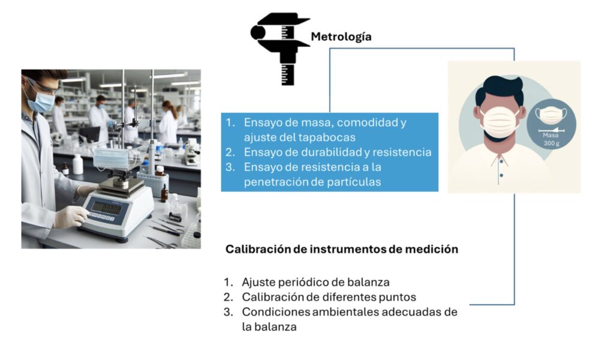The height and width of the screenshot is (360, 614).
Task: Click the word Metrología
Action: click(x=341, y=37)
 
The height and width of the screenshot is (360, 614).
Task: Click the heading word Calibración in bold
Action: click(x=258, y=249)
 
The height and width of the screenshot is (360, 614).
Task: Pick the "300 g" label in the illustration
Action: click(x=552, y=143)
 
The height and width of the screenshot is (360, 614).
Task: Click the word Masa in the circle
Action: click(x=550, y=135)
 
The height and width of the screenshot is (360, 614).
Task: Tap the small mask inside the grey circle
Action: click(x=551, y=114)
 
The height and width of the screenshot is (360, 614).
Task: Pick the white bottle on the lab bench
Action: click(x=78, y=164)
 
